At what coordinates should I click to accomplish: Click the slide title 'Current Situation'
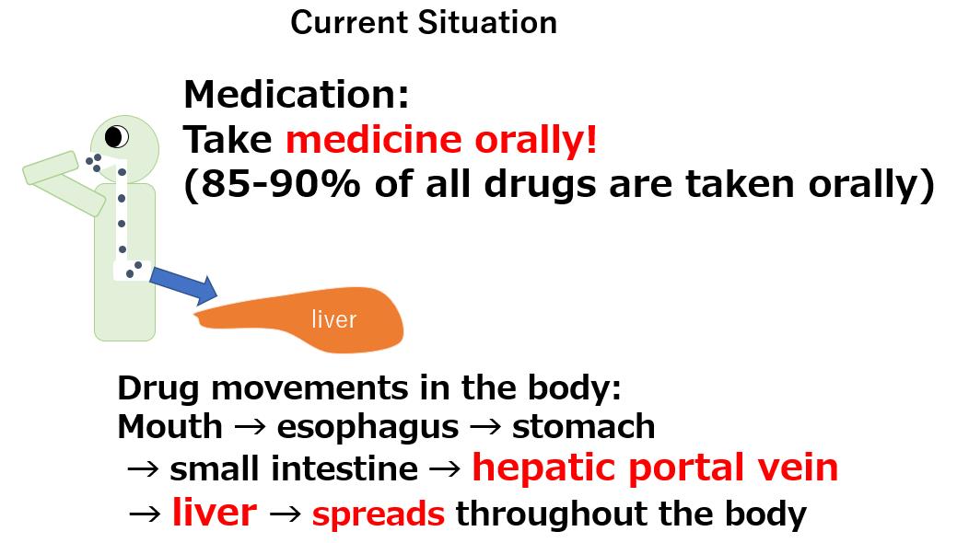pos(424,23)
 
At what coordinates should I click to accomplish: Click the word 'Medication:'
pos(297,95)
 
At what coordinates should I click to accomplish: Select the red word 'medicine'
pos(374,140)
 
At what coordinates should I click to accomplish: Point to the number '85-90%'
pos(280,184)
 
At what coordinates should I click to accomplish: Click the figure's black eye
pos(116,136)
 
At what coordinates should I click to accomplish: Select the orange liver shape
pos(299,319)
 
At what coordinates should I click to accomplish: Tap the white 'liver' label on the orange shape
pos(333,319)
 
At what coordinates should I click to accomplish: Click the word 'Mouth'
pos(169,426)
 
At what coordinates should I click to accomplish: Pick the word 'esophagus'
pos(368,428)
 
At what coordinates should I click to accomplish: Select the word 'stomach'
pos(583,426)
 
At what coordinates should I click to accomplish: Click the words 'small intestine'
pos(294,469)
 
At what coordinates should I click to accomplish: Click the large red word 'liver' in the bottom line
pos(215,512)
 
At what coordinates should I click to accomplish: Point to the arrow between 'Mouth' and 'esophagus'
pos(251,426)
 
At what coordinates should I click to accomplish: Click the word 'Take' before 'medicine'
pos(228,140)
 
